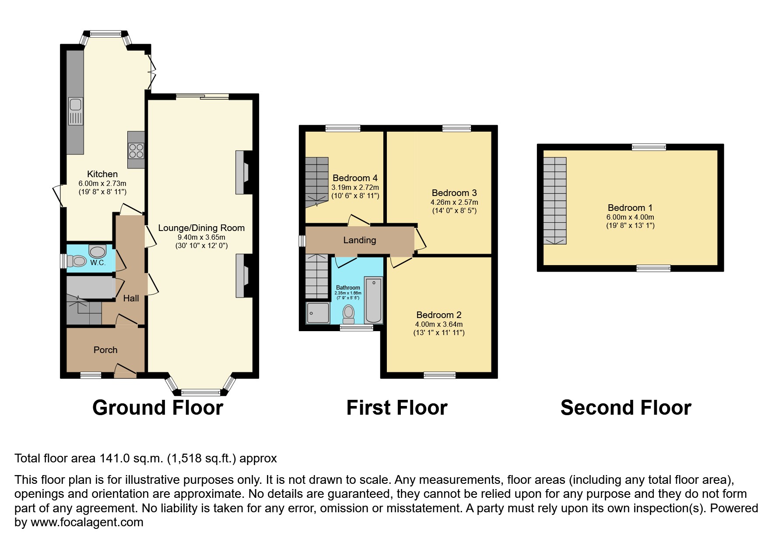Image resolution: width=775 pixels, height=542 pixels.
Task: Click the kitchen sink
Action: [75, 105]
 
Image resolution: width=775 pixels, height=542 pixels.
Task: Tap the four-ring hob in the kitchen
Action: [136, 150]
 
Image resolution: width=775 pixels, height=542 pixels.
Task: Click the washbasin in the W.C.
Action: [98, 252]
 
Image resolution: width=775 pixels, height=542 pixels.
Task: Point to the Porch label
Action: [105, 350]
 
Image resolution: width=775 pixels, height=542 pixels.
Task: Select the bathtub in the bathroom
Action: [373, 300]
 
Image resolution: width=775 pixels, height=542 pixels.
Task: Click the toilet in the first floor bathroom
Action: [349, 313]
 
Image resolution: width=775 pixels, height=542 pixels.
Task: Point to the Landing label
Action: [359, 240]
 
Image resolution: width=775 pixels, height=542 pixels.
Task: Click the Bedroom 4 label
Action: [355, 178]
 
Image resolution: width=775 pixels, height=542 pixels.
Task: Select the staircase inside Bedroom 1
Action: [555, 200]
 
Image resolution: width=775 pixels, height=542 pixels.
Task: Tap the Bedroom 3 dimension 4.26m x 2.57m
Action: [454, 202]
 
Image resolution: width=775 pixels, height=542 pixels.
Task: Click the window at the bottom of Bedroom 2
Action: [440, 375]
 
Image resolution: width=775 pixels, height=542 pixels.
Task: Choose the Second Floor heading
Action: [625, 408]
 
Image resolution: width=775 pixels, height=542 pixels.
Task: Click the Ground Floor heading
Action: [158, 408]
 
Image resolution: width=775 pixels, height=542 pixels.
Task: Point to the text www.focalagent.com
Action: [87, 522]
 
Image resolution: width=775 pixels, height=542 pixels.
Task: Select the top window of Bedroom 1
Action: [649, 147]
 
